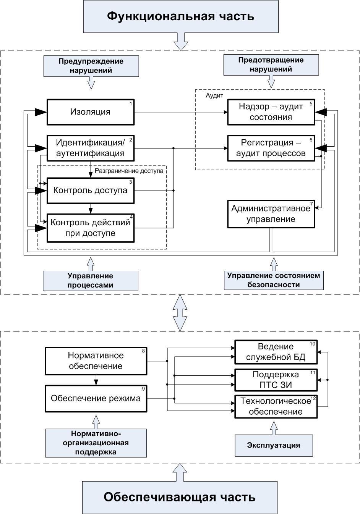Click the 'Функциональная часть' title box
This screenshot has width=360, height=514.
(180, 16)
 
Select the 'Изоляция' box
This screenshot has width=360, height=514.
(91, 112)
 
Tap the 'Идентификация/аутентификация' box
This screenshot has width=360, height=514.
(91, 148)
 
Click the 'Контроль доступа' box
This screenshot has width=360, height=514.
(91, 190)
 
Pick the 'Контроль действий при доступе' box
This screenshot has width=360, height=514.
(91, 228)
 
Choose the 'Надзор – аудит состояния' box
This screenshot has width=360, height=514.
(271, 112)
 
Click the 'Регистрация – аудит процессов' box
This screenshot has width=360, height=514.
(271, 148)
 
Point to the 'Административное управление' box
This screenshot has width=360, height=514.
(271, 214)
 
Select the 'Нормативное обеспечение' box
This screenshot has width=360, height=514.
(96, 361)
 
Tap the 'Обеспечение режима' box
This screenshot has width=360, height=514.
(96, 399)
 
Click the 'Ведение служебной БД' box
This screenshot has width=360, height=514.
(276, 352)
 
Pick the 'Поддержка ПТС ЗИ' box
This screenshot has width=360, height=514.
(276, 380)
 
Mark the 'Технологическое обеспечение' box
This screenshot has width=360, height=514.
(276, 406)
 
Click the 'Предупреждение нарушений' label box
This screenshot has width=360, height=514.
(91, 66)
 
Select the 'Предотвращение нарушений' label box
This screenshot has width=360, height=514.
(271, 65)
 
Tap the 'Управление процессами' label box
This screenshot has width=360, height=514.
(91, 281)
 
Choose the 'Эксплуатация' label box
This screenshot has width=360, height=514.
(274, 445)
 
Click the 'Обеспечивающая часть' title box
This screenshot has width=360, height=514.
(180, 497)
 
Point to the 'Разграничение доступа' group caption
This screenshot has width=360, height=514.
(129, 171)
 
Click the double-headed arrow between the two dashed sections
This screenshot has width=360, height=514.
(180, 312)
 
